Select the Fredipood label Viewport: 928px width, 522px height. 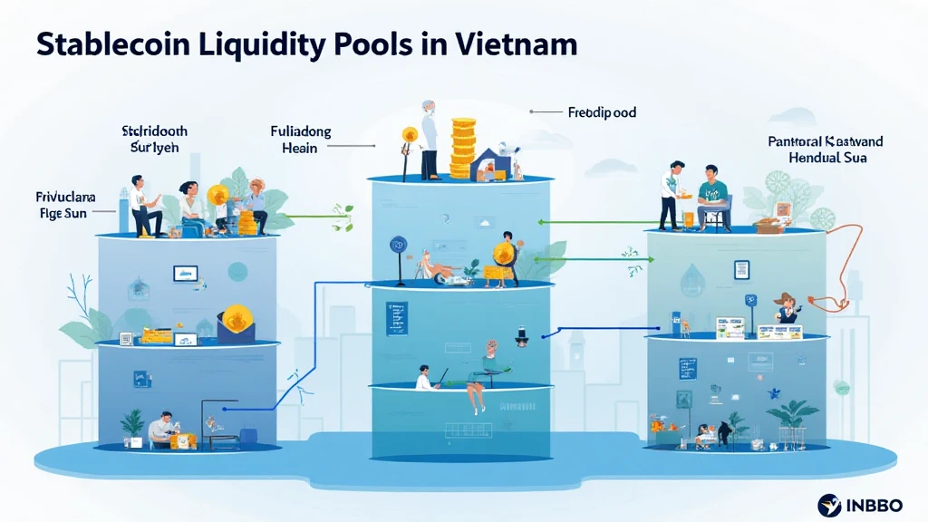tap(602, 113)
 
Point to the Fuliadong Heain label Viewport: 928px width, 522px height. tap(301, 140)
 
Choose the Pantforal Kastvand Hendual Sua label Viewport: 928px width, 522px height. tap(825, 150)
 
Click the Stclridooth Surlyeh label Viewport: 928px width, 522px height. tap(154, 139)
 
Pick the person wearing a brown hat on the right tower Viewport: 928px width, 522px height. tap(785, 306)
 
